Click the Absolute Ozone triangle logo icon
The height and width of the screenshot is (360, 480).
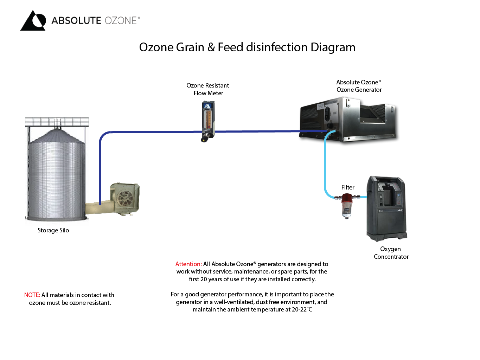(33, 21)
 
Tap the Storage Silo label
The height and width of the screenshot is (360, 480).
(53, 230)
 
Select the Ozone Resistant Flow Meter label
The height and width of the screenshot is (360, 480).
(208, 89)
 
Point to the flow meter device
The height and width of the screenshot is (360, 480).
(208, 118)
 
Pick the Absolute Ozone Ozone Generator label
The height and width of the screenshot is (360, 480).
(359, 86)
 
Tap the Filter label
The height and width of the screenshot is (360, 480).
(348, 187)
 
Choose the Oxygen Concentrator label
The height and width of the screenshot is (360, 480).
(391, 253)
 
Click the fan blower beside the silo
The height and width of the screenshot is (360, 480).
(125, 198)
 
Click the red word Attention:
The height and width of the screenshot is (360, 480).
(188, 264)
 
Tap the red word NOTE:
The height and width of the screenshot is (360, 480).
(32, 295)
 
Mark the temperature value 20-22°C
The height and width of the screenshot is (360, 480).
(302, 309)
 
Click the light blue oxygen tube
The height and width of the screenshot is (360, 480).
(325, 165)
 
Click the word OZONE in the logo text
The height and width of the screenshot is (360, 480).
(121, 20)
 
